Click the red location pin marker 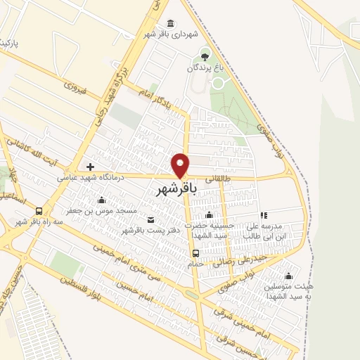click(181, 165)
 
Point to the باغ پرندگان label click(204, 67)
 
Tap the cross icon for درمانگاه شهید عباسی click(90, 167)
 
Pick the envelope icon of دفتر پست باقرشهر click(150, 219)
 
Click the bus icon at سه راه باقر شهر click(39, 210)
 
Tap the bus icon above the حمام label click(195, 253)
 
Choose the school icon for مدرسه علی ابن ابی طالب click(264, 215)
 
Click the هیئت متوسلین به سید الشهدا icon click(288, 275)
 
